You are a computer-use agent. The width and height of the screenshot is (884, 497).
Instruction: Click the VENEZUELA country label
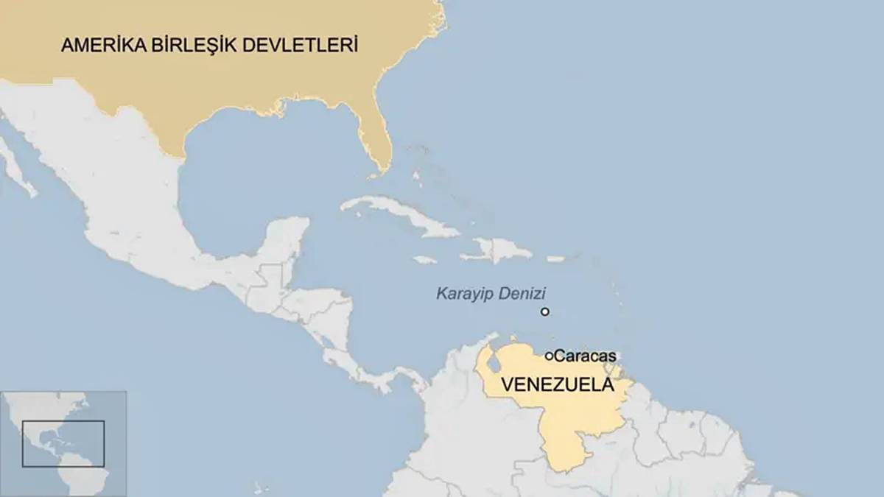point(557,384)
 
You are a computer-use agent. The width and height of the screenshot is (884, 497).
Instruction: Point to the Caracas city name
point(585,356)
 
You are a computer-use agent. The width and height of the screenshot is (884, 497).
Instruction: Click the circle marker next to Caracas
point(550,356)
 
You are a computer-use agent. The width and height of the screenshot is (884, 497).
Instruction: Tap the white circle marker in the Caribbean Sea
point(545,311)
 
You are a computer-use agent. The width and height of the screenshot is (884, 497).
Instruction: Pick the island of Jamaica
point(425,259)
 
